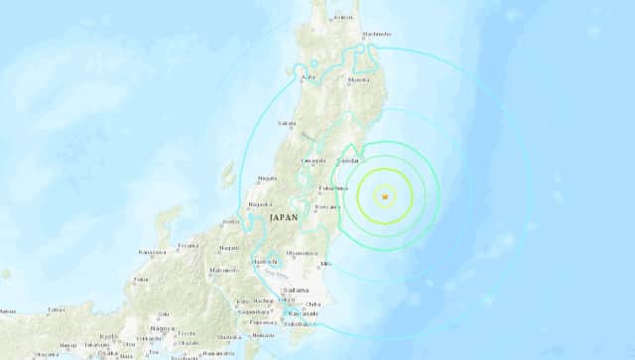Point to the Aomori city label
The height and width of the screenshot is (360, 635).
click(x=342, y=17)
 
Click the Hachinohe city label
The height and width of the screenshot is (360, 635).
click(x=377, y=35)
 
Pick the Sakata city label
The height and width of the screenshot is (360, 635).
click(x=289, y=123)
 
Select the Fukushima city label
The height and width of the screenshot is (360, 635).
click(x=332, y=186)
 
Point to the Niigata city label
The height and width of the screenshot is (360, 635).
click(x=266, y=179)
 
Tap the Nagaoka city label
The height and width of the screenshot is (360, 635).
click(x=258, y=204)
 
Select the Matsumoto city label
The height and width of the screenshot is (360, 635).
click(x=219, y=270)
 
